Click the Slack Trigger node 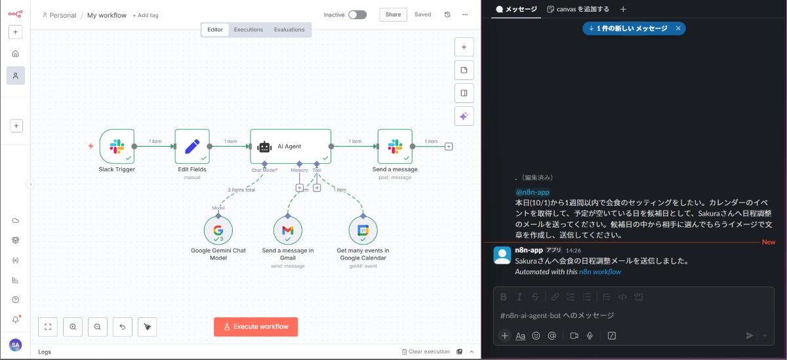[117, 146]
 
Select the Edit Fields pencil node [192, 146]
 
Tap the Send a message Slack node [395, 146]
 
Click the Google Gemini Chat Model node [218, 230]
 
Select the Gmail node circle [287, 230]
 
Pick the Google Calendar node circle [363, 230]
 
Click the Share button [393, 14]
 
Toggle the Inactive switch [357, 14]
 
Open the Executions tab [249, 30]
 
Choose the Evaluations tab [289, 30]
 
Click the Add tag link [146, 15]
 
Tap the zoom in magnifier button [73, 326]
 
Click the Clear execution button [426, 351]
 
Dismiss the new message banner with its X [678, 28]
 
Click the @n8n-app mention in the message [532, 192]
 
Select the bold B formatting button [504, 296]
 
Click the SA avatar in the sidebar [15, 344]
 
